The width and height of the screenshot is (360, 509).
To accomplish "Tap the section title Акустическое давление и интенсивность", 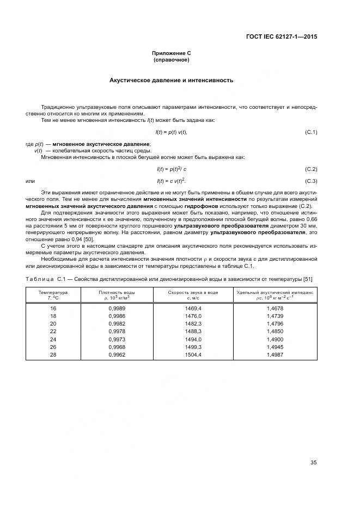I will pos(171,80).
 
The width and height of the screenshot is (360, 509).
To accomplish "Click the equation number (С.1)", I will pos(310,132).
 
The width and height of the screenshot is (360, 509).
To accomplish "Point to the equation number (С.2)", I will pos(310,169).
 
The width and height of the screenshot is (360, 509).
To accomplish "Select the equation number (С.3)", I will pos(310,181).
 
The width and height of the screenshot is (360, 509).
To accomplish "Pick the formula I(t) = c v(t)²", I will pos(171,181).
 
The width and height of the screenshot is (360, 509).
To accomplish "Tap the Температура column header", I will pos(53,295).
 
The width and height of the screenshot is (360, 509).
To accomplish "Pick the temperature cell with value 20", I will pos(53,323).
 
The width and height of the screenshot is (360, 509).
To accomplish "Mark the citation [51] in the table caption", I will pos(307,279).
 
